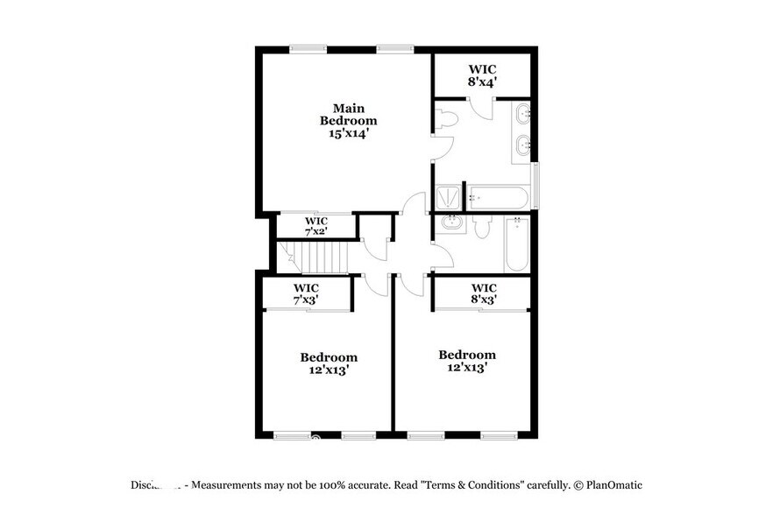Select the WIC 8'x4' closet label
pyautogui.click(x=482, y=74)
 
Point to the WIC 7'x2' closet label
pyautogui.click(x=316, y=226)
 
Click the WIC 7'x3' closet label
pyautogui.click(x=306, y=294)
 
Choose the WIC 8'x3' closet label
pyautogui.click(x=484, y=293)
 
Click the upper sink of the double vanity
pyautogui.click(x=523, y=113)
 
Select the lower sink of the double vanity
pyautogui.click(x=523, y=145)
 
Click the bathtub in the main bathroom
pyautogui.click(x=498, y=197)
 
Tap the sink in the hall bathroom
pyautogui.click(x=452, y=224)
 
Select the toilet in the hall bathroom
pyautogui.click(x=481, y=227)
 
